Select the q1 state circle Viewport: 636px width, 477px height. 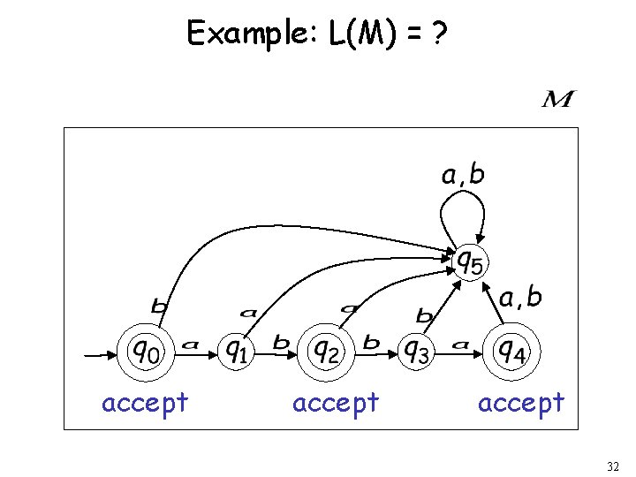click(236, 353)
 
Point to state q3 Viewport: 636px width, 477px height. click(418, 353)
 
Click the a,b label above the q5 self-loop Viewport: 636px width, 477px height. click(463, 175)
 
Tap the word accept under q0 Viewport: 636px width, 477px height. click(145, 403)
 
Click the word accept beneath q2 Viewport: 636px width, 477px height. click(335, 403)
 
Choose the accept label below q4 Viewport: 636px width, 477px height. click(520, 403)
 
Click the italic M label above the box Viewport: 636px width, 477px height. click(557, 100)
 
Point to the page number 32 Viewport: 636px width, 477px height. click(614, 466)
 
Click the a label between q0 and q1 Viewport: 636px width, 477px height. click(190, 344)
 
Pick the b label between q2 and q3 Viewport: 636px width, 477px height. click(372, 341)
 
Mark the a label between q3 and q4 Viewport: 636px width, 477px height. click(460, 344)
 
